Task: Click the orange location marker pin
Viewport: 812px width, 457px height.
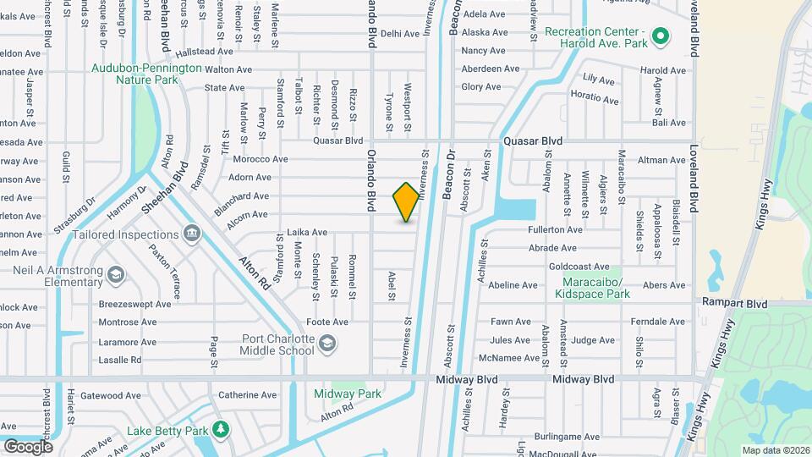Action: tap(407, 201)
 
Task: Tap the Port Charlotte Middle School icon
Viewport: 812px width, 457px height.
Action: tap(326, 343)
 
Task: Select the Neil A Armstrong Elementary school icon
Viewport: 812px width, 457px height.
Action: tap(116, 273)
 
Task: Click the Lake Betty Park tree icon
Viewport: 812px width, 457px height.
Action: tap(221, 430)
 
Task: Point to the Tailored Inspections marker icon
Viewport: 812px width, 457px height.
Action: tap(191, 233)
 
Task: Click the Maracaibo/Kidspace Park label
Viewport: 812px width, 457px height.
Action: tap(592, 288)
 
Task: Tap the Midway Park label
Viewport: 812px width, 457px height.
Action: tap(347, 394)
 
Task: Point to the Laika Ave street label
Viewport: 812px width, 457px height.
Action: tap(307, 232)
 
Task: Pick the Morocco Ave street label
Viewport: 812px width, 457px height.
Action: tap(261, 159)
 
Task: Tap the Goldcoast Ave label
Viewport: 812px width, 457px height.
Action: tap(579, 267)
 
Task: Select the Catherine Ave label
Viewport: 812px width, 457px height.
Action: tap(248, 394)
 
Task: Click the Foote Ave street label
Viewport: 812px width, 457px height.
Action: tap(327, 322)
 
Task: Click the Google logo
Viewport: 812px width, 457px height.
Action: tap(28, 446)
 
